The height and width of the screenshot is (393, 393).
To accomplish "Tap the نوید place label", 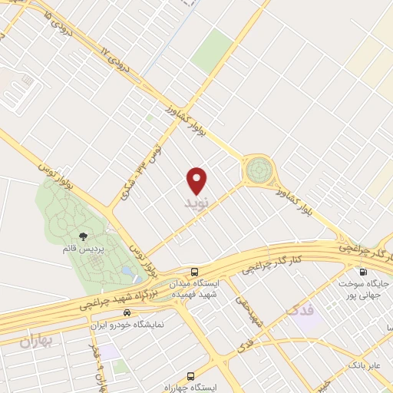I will click(x=197, y=204).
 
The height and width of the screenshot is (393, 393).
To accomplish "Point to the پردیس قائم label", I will click(x=81, y=249).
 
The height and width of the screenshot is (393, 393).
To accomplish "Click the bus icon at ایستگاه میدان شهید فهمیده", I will click(x=194, y=271).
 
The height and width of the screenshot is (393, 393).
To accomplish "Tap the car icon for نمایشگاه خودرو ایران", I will click(x=127, y=313).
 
